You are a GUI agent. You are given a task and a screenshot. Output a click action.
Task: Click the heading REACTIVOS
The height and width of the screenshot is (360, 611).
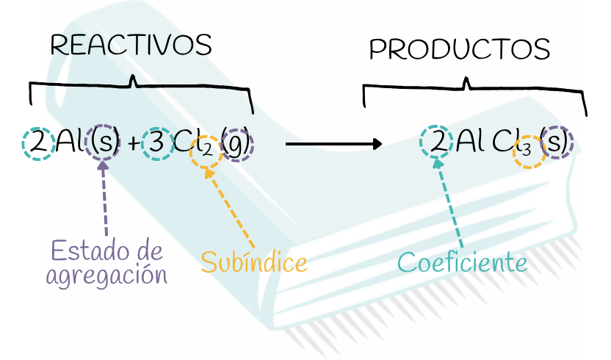coord(131,46)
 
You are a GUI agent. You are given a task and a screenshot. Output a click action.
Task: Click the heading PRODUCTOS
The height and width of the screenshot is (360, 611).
coord(460,50)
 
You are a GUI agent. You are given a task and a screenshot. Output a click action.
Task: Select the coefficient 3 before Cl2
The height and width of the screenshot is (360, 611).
coord(156,144)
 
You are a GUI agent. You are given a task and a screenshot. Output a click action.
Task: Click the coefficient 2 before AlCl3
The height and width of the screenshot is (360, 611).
coord(437,141)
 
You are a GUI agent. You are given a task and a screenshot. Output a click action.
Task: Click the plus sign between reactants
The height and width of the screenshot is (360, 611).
coord(132,145)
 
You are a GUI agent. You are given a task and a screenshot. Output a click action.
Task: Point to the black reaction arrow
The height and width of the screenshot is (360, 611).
coord(333,143)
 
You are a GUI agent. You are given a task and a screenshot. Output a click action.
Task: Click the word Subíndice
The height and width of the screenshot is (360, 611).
coord(253,262)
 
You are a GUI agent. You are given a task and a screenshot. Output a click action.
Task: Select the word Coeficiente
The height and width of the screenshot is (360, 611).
coord(463,262)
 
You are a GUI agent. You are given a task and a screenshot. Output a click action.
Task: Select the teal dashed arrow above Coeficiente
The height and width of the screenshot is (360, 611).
coord(449,206)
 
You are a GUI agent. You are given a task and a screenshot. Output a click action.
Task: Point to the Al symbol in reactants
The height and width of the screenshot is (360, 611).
coord(68,143)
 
